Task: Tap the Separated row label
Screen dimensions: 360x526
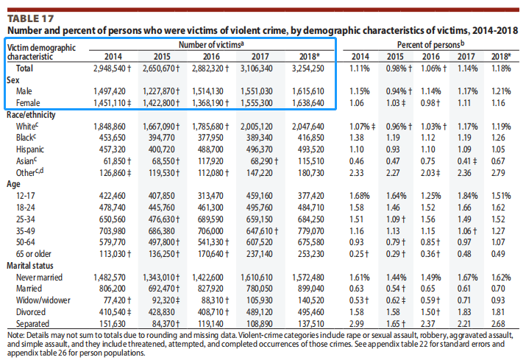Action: (x=34, y=324)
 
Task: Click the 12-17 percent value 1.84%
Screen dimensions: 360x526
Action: (x=469, y=197)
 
